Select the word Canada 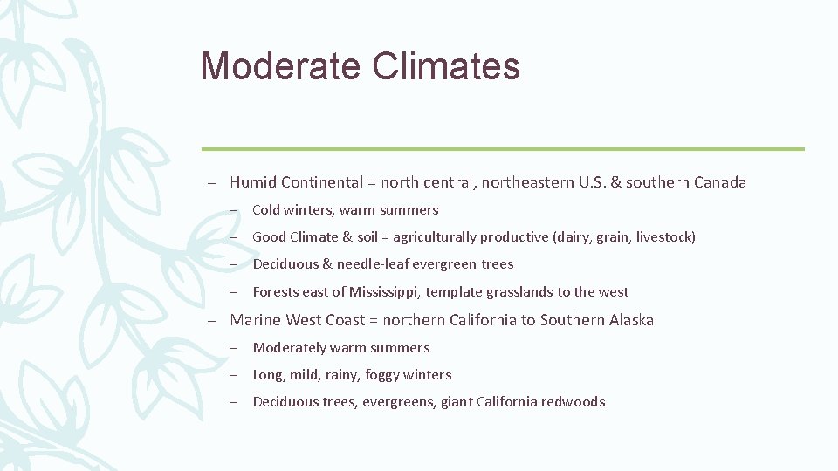[720, 182]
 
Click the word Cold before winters [266, 210]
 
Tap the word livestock [665, 237]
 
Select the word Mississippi [385, 292]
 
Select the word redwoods [573, 402]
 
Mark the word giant [457, 402]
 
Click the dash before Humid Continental [212, 183]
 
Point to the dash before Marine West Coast [212, 321]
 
